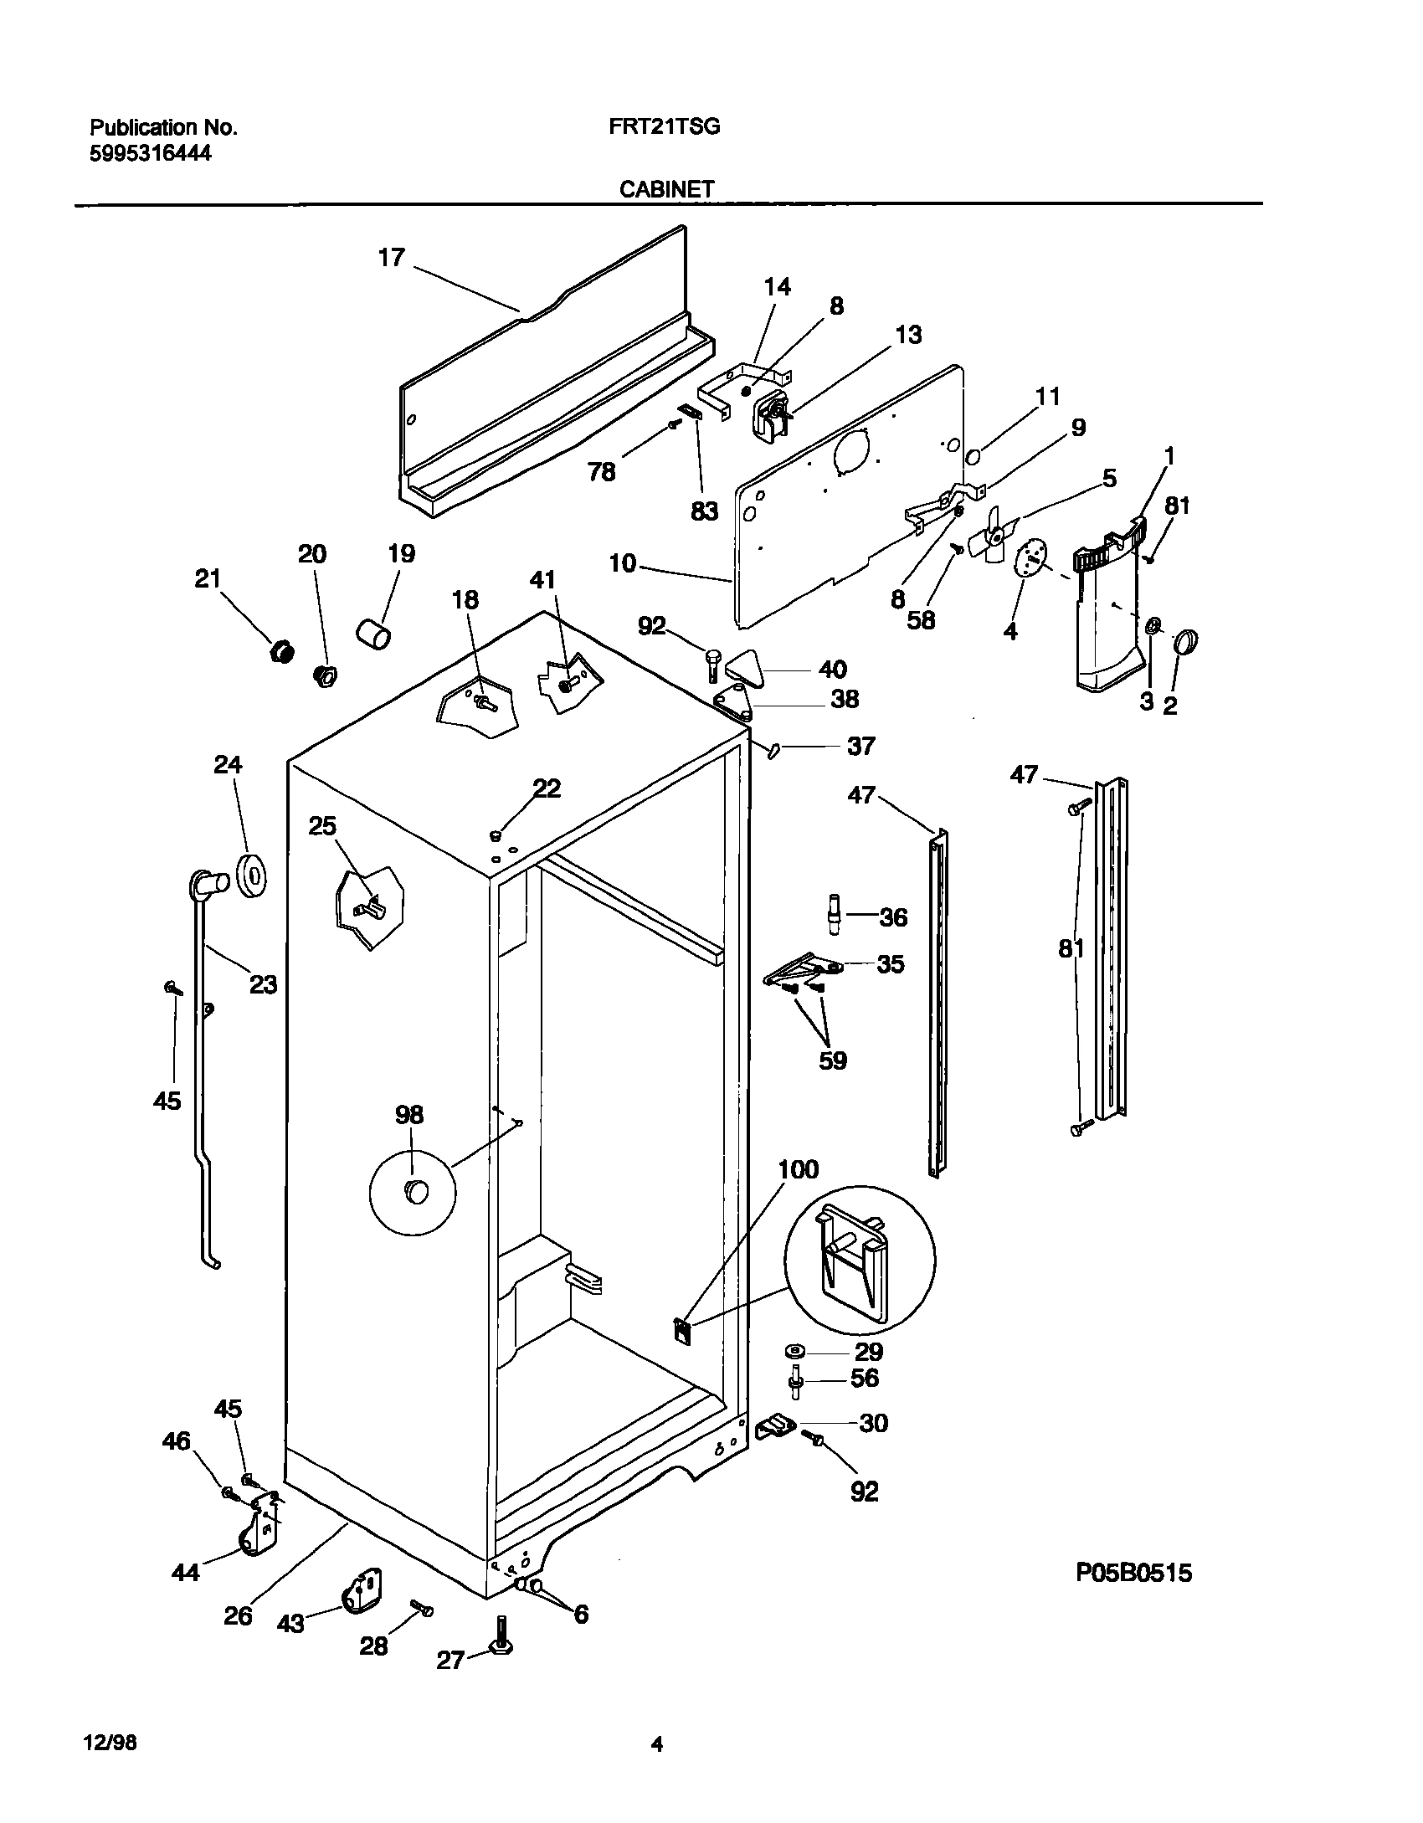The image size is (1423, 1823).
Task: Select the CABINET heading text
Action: click(x=666, y=190)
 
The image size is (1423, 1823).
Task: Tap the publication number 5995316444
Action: click(x=150, y=153)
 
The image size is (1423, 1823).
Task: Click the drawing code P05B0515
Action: click(x=1133, y=1574)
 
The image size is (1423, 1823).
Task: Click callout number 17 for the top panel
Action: click(x=391, y=258)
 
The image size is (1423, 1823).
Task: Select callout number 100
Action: click(x=798, y=1169)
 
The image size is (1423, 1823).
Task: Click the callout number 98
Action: click(x=409, y=1115)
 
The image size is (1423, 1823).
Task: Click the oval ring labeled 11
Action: click(x=974, y=457)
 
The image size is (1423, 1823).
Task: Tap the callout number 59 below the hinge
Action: click(x=832, y=1060)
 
